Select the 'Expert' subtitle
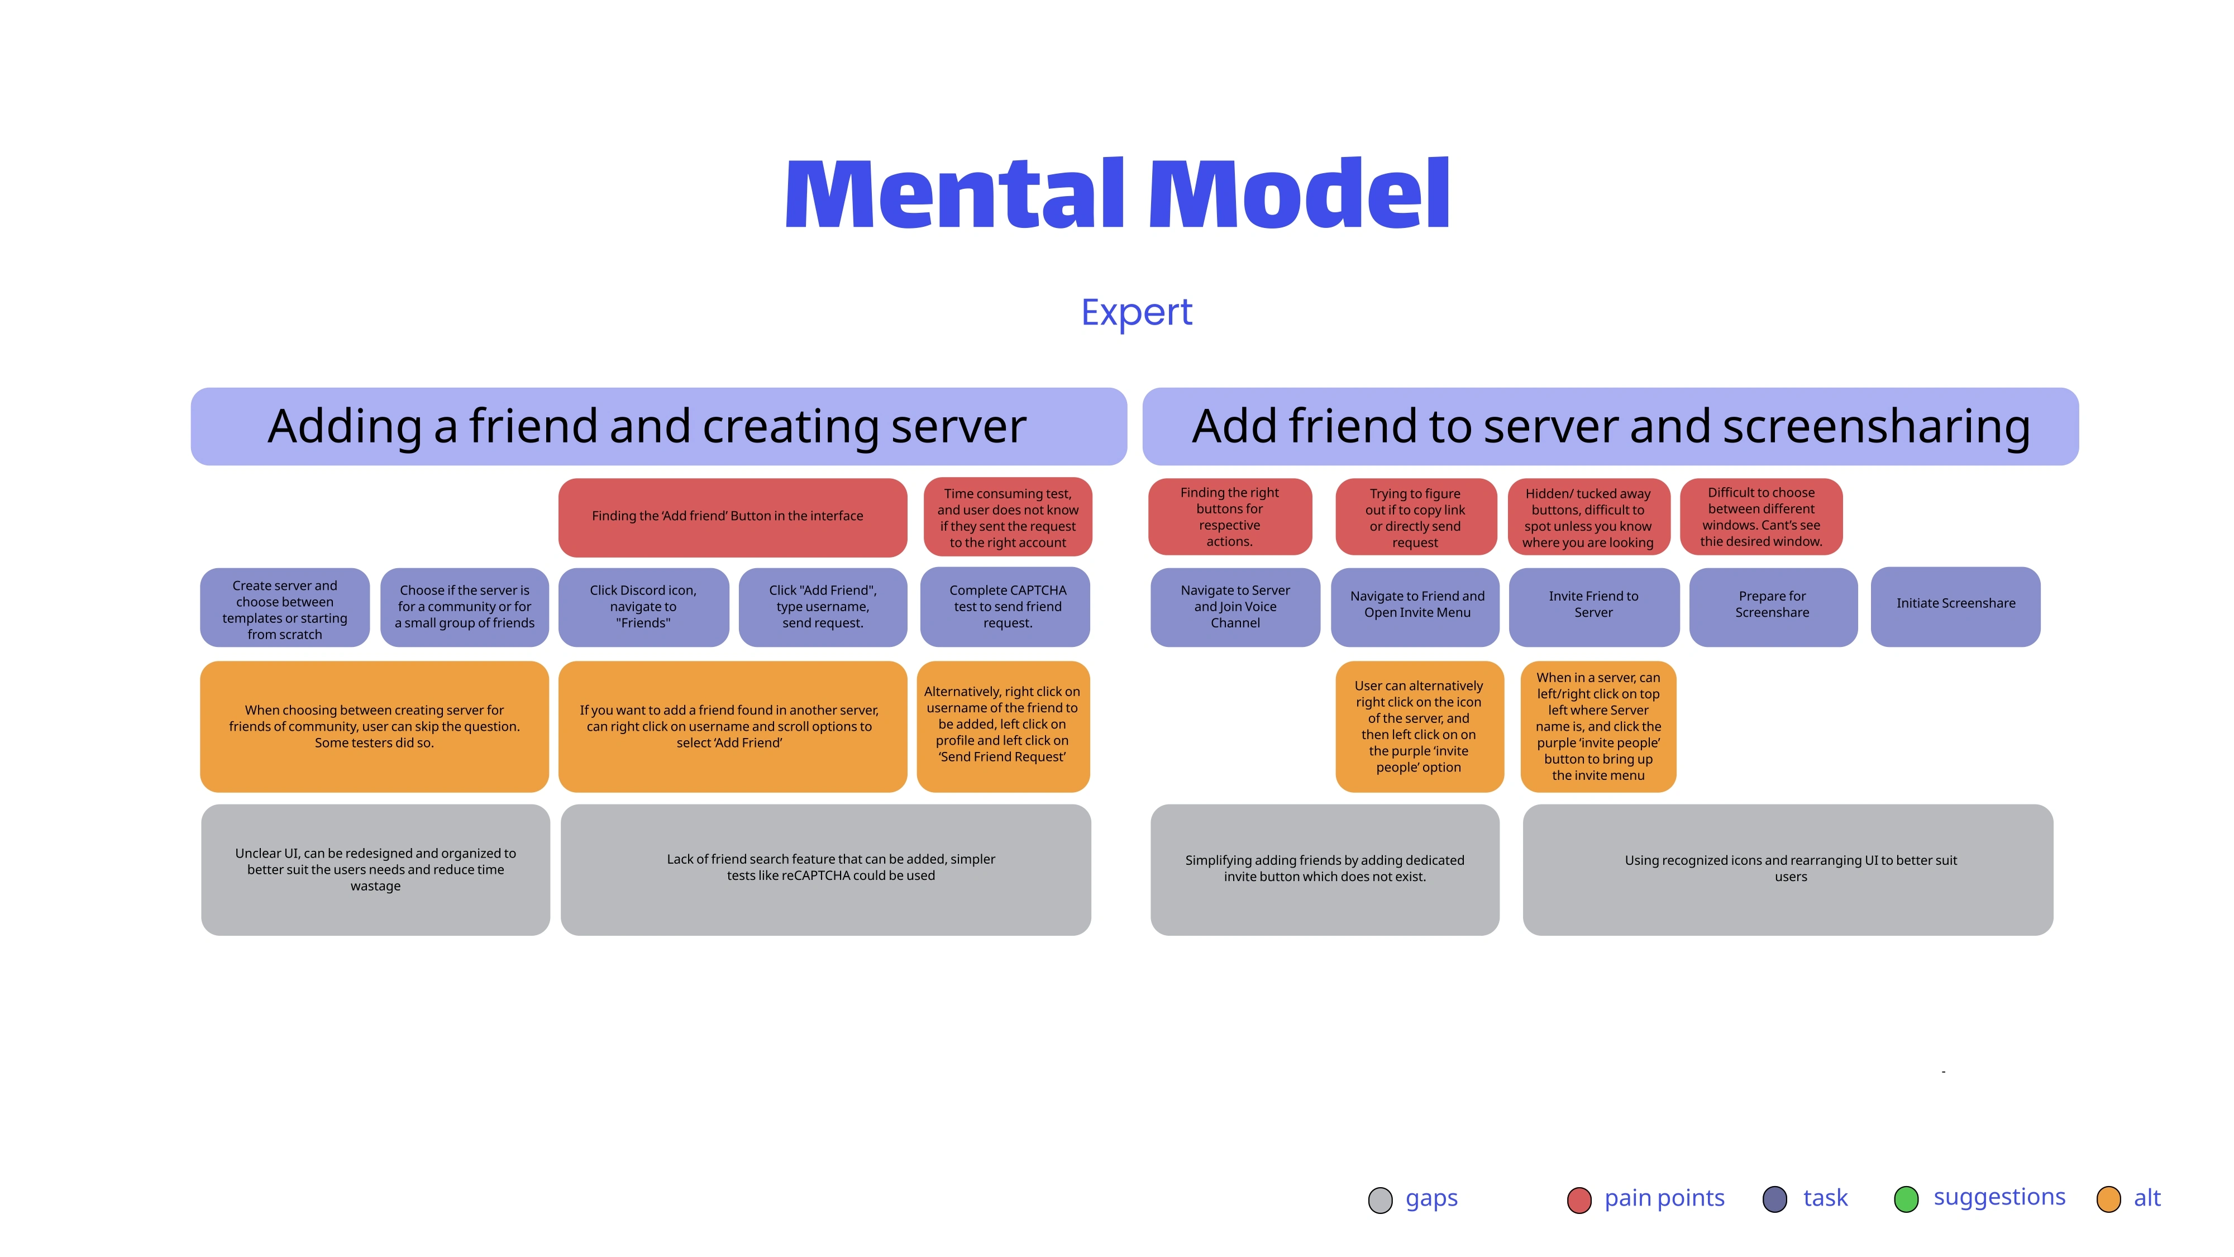click(x=1136, y=312)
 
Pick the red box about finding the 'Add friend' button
click(x=732, y=517)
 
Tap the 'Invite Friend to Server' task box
click(x=1593, y=606)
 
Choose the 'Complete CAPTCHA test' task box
click(x=1005, y=606)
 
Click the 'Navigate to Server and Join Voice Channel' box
click(x=1234, y=606)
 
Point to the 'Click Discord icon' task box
click(x=643, y=606)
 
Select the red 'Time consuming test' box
click(x=1007, y=517)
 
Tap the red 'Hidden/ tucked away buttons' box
click(x=1588, y=517)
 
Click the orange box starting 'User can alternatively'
click(x=1418, y=726)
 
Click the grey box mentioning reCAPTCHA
click(x=825, y=869)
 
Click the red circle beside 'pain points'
click(x=1578, y=1201)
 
